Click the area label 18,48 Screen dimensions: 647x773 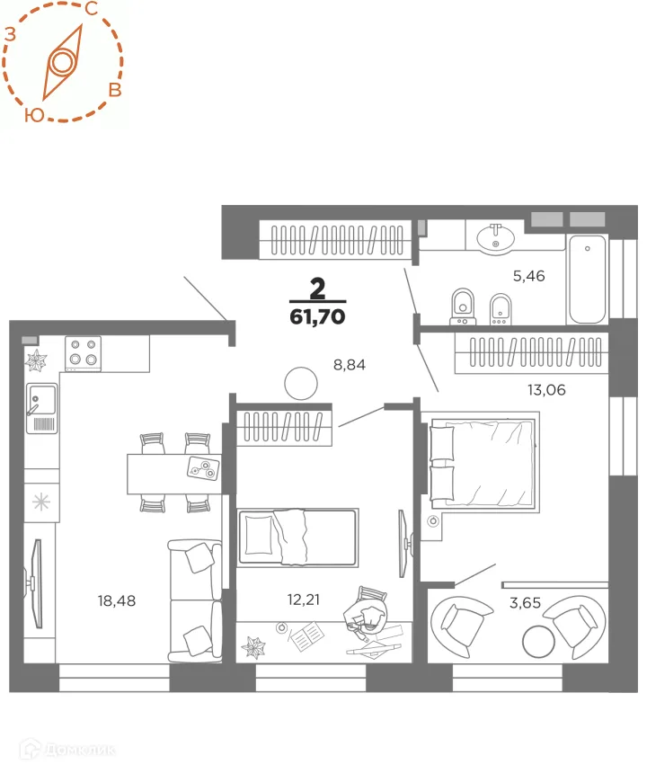[x=116, y=600]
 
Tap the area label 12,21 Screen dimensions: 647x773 [x=303, y=600]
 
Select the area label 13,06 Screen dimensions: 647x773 [x=546, y=390]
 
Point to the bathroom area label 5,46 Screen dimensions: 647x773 [x=528, y=276]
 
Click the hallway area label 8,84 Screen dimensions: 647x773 [x=350, y=365]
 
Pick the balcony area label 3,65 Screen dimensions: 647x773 [x=525, y=602]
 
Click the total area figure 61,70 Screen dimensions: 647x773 [x=317, y=316]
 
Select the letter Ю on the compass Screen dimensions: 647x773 [x=34, y=115]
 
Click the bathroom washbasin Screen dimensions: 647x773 [x=495, y=237]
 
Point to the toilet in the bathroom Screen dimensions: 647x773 [x=463, y=307]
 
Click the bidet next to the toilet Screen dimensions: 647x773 [x=501, y=309]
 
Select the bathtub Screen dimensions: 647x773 [x=587, y=279]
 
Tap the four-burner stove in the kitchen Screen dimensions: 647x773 [x=83, y=353]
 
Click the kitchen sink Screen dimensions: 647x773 [x=42, y=408]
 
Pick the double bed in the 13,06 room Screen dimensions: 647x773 [x=483, y=463]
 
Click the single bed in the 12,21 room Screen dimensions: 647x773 [x=297, y=537]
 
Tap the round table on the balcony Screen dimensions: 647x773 [x=538, y=642]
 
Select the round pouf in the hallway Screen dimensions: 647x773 [x=301, y=383]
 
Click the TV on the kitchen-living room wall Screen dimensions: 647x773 [x=34, y=583]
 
